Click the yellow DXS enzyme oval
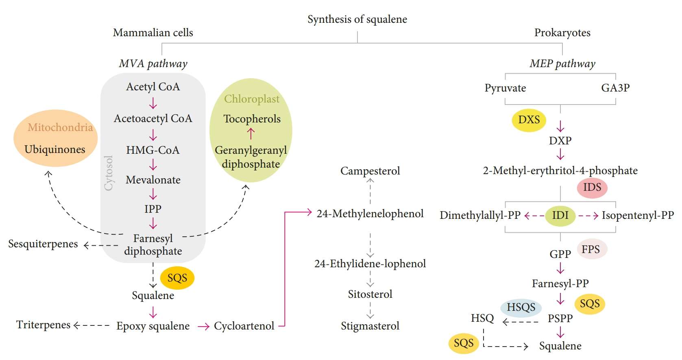(x=529, y=120)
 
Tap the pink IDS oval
(x=592, y=188)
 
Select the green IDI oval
(x=560, y=215)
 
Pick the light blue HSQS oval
(x=521, y=308)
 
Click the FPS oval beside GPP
(x=591, y=249)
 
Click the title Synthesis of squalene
(x=357, y=19)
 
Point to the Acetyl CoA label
(x=153, y=87)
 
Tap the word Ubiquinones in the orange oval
(x=55, y=149)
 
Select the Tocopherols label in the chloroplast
(x=252, y=119)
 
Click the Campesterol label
(x=370, y=171)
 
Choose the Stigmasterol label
(x=370, y=326)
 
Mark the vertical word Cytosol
(x=109, y=173)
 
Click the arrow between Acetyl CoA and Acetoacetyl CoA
(x=153, y=103)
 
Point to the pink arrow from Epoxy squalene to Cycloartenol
(x=203, y=326)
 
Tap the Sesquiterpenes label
(x=43, y=244)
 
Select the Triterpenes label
(x=44, y=325)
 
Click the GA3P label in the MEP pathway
(x=615, y=88)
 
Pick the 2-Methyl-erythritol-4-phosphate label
(x=560, y=170)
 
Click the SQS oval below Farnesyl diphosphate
(x=177, y=278)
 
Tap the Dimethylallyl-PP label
(x=480, y=215)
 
